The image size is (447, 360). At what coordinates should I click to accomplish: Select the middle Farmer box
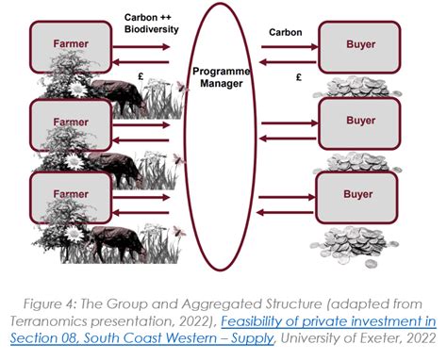click(x=72, y=123)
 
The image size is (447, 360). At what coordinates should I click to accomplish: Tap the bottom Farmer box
click(x=72, y=195)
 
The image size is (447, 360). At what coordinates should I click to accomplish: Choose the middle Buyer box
click(x=360, y=122)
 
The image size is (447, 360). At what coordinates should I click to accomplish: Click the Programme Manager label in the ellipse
click(x=223, y=78)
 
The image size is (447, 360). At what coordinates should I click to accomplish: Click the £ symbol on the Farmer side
click(x=141, y=74)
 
